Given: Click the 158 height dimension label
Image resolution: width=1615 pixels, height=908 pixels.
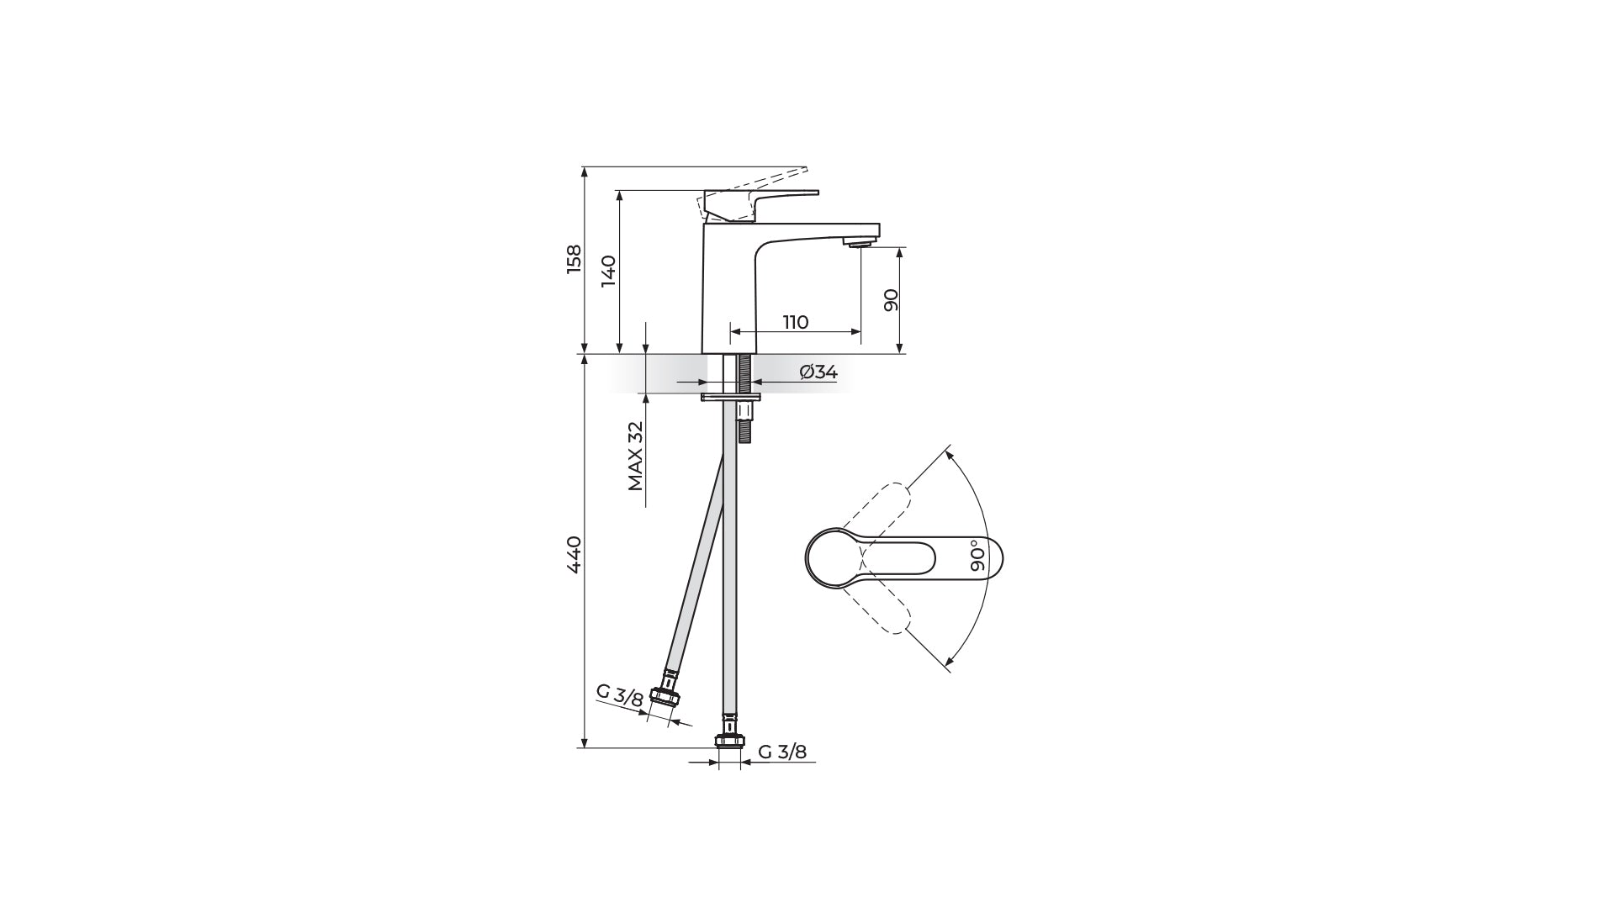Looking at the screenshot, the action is pos(574,259).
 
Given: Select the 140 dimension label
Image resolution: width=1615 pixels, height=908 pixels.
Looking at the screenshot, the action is pos(609,271).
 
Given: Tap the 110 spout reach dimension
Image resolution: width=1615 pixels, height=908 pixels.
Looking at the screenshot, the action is pos(796,322).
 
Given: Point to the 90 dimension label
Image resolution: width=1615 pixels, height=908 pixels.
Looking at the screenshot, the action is pos(892,299).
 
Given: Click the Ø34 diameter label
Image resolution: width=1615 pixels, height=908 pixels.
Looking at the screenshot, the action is pos(818,372).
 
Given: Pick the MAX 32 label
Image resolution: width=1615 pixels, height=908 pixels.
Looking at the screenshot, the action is pos(635,456).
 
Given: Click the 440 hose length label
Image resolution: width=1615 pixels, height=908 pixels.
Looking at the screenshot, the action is pos(574,554).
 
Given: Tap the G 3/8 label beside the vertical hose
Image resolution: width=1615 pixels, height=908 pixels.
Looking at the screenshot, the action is pos(782,752).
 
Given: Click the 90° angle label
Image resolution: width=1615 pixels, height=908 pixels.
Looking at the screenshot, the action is pos(977,556).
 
